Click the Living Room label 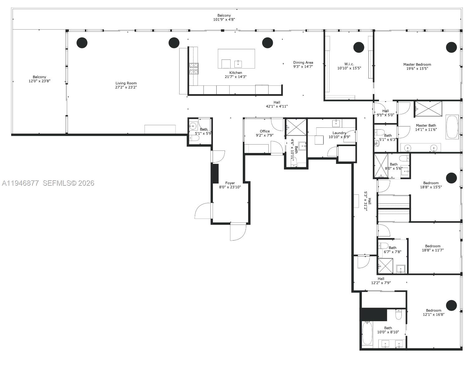coord(126,83)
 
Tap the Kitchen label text coord(236,73)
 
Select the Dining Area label coord(303,62)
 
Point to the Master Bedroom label coord(417,64)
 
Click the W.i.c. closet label coord(349,64)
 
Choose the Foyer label coord(230,183)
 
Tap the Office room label coord(265,131)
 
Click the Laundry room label coord(339,133)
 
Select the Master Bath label coord(426,126)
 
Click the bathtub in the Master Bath coord(452,127)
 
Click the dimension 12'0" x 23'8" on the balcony coord(40,81)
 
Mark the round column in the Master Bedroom coord(451,47)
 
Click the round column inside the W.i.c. coord(358,47)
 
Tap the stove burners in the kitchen coord(194,69)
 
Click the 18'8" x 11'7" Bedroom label coord(433,246)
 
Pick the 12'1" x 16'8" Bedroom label coord(434,310)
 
